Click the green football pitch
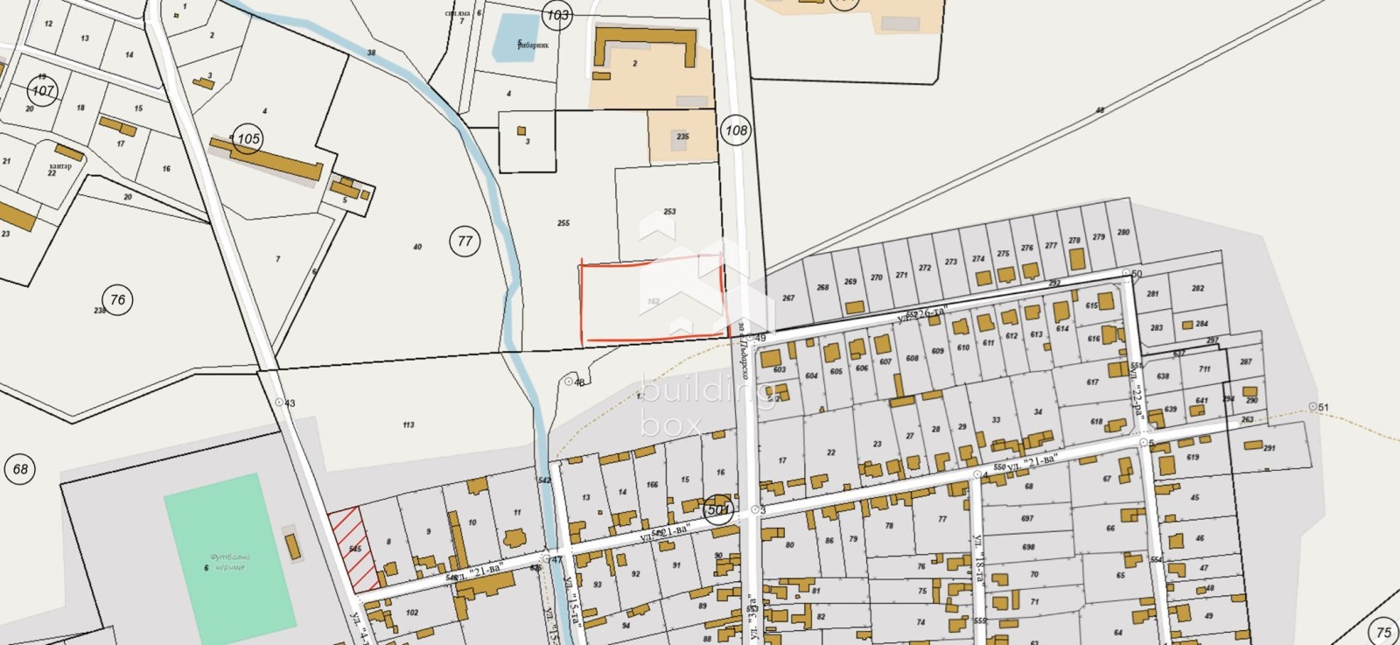229,557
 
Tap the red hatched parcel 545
354,549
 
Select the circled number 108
736,130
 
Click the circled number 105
248,138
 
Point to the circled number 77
465,241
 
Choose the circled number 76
117,299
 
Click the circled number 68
20,469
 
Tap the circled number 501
718,509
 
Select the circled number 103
557,15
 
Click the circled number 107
42,90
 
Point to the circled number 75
1383,632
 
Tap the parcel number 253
669,212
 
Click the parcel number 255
563,223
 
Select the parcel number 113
409,425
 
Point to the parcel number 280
1123,233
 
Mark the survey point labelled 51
1312,407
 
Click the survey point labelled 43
280,403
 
